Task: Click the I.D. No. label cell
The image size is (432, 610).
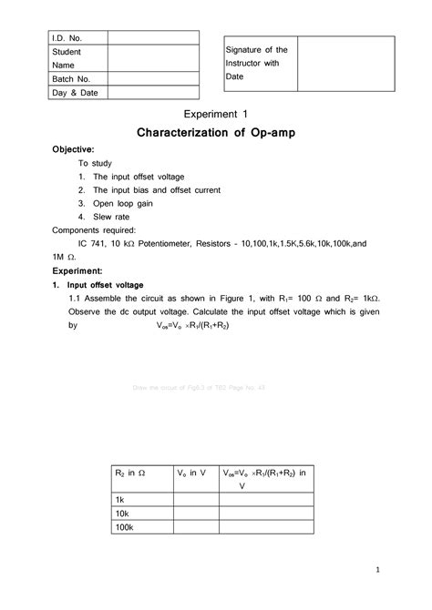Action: [67, 37]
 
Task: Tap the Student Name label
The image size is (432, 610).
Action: [67, 58]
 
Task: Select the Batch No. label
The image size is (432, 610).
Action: [71, 79]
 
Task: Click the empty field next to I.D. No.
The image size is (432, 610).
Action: [153, 37]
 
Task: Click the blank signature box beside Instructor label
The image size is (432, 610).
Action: [347, 63]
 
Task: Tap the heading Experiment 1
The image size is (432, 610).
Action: [216, 114]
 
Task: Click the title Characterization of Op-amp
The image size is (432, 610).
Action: [215, 134]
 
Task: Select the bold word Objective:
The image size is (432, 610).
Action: [73, 149]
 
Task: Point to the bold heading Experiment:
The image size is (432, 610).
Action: [78, 271]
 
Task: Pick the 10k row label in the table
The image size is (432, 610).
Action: [123, 513]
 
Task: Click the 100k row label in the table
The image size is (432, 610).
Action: [125, 528]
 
